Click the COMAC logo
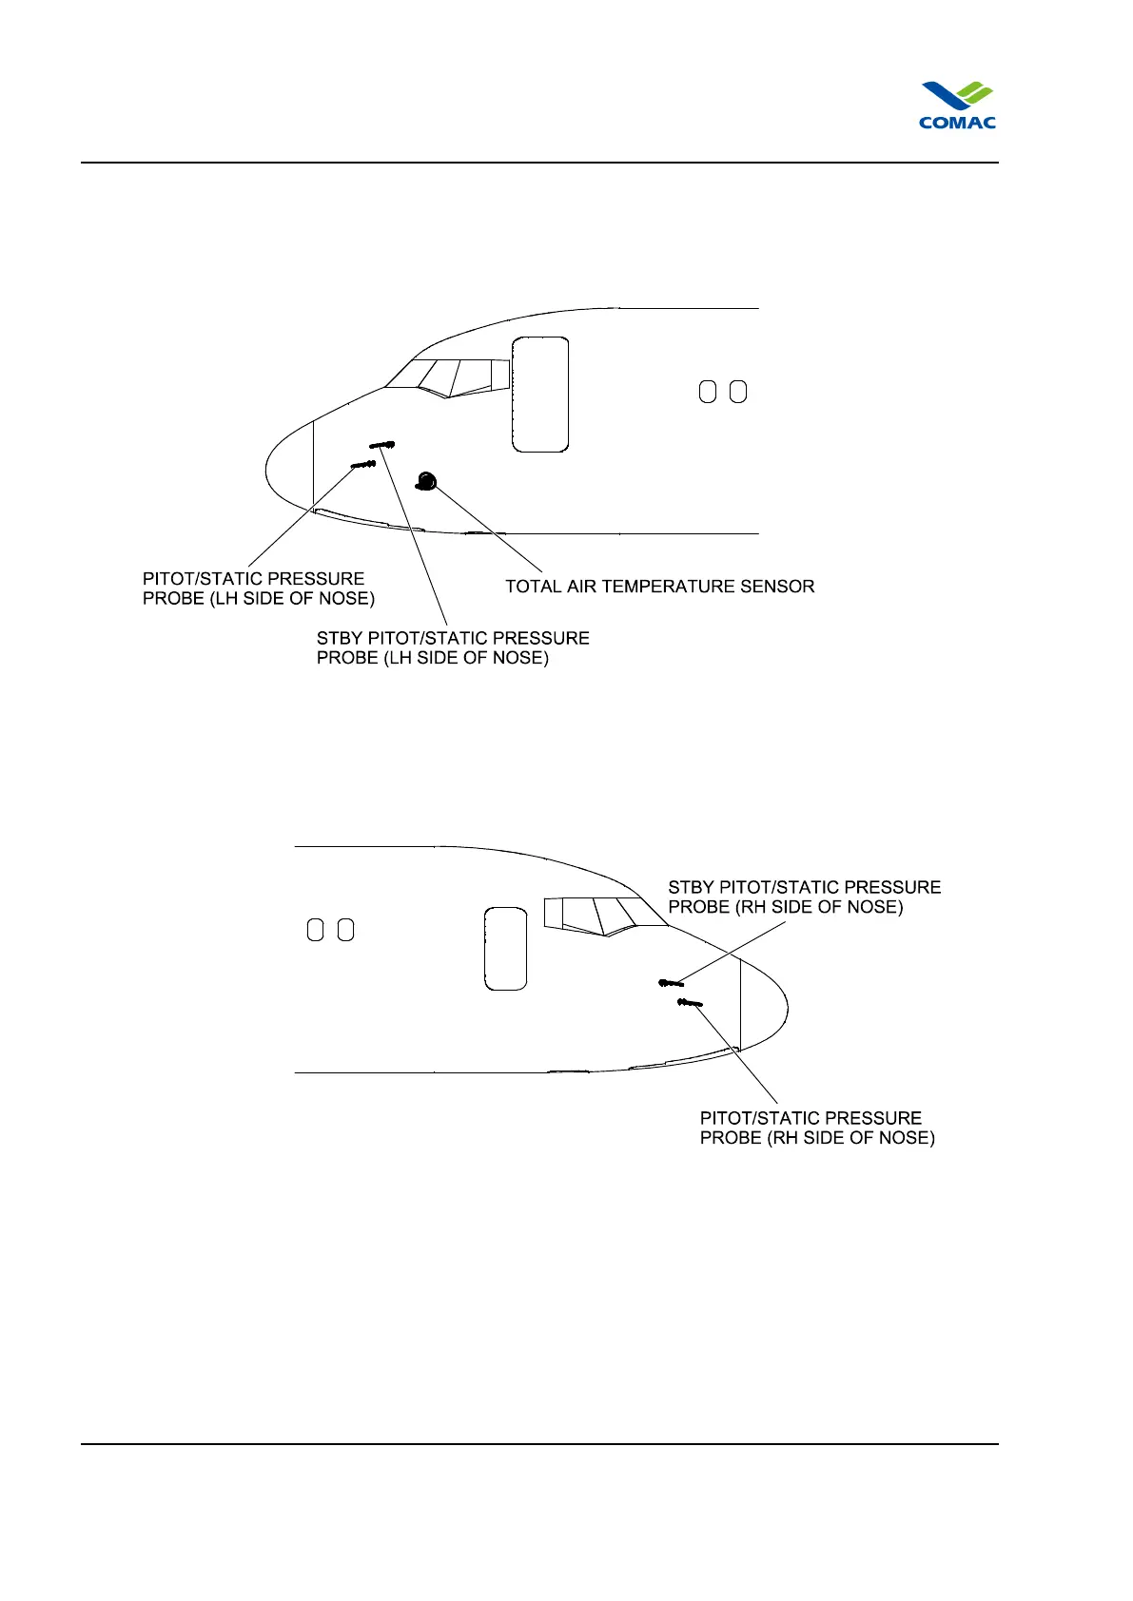[x=957, y=106]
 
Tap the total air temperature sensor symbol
[x=425, y=481]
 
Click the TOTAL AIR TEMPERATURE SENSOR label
[x=659, y=587]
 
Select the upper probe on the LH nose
[x=382, y=444]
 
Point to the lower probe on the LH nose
[x=363, y=464]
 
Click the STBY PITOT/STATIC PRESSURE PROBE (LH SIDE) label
[x=453, y=647]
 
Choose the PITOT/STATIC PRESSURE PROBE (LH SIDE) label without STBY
[x=258, y=588]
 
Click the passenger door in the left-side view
[x=540, y=394]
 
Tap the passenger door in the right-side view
[x=505, y=948]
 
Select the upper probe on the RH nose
[x=671, y=982]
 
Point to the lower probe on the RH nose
[x=690, y=1002]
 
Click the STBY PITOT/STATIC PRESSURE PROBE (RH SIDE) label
[x=804, y=897]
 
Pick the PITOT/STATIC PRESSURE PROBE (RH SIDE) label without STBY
[x=817, y=1128]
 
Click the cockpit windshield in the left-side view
[x=447, y=376]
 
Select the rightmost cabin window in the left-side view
[x=738, y=392]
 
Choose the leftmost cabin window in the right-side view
[x=315, y=930]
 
